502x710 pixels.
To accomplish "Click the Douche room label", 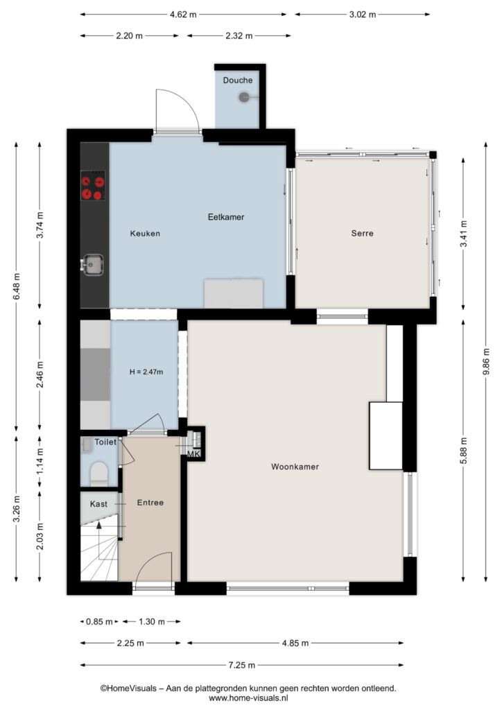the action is coord(238,80).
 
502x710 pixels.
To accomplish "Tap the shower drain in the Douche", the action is coord(244,97).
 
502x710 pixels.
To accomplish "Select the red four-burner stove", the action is coord(93,186).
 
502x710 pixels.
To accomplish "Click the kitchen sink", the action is coord(93,264).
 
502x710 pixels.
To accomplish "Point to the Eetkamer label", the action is coord(226,217).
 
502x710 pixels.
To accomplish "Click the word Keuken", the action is coord(145,234).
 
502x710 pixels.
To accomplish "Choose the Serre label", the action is coord(362,233).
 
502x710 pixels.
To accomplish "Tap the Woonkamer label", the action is coord(295,467).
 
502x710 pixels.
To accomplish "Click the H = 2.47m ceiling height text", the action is coord(146,372).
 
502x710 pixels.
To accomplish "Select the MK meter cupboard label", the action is coord(193,454).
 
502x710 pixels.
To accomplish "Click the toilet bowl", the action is coord(99,473).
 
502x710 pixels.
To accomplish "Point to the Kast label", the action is coord(98,504).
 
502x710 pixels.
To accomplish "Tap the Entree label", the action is coord(150,503).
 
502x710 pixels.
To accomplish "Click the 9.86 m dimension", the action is coord(485,362).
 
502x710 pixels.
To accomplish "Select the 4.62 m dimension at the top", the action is coord(183,15).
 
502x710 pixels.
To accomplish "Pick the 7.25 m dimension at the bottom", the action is coord(242,665).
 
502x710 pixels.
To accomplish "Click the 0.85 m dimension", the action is coord(99,622).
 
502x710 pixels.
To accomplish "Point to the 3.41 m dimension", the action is coord(463,234).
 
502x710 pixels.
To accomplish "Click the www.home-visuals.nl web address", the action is coord(248,698).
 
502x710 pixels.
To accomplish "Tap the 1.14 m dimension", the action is coord(40,461).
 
